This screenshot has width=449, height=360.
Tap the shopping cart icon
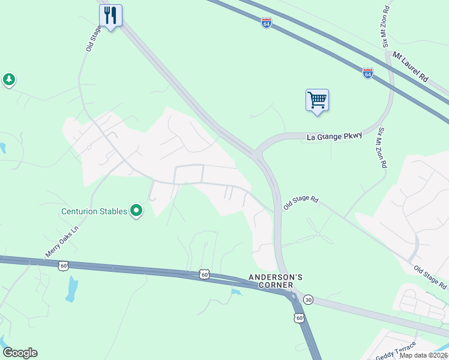[x=317, y=100]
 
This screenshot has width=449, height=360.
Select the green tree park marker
[x=8, y=79]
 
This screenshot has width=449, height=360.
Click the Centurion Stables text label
[x=94, y=211]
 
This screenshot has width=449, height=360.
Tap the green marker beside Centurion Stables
[x=137, y=211]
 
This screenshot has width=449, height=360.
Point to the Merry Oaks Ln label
[x=62, y=241]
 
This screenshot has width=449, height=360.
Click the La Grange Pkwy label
[x=335, y=137]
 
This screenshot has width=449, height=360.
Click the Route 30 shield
[x=308, y=299]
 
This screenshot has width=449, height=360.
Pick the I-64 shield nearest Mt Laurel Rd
[x=368, y=73]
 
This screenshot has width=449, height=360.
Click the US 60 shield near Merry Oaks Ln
[x=63, y=265]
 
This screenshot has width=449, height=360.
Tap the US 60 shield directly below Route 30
[x=300, y=317]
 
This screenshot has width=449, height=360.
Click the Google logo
[x=20, y=353]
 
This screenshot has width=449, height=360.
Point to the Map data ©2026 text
[x=424, y=355]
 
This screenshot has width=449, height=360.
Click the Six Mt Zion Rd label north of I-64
[x=387, y=28]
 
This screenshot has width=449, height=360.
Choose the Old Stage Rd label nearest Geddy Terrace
[x=429, y=274]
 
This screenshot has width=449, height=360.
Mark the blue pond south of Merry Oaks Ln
[x=72, y=289]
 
